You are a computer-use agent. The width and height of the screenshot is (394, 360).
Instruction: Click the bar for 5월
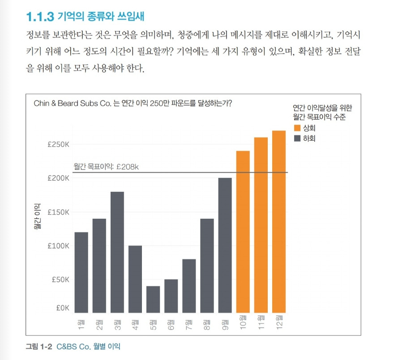point(153,299)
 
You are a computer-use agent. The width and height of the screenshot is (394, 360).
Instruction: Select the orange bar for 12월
point(278,221)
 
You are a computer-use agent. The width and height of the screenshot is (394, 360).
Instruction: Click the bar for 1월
point(81,272)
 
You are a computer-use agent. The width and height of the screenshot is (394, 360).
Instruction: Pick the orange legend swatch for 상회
point(297,128)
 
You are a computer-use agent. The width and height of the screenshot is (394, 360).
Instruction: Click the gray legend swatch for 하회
point(297,139)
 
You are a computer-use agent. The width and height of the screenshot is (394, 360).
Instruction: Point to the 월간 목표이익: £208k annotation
point(107,167)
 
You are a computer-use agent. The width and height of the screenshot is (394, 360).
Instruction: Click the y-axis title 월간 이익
point(38,216)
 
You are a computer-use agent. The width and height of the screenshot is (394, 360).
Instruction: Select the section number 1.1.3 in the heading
point(40,17)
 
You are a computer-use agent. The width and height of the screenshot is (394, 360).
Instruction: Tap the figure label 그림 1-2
point(39,347)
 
